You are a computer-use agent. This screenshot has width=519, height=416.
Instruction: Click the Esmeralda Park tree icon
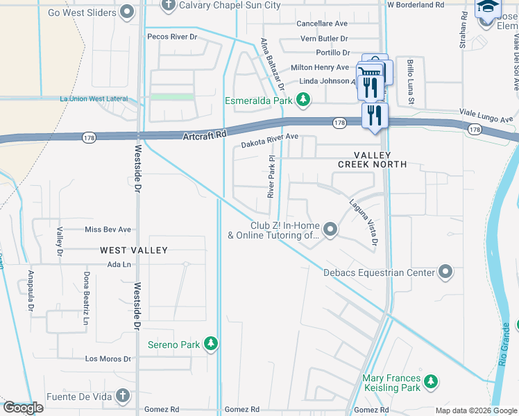(303, 101)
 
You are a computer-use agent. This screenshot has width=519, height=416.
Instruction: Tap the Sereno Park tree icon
(212, 345)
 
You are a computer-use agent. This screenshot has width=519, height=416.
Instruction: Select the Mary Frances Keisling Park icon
(432, 381)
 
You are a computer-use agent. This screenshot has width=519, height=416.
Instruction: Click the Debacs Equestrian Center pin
(445, 272)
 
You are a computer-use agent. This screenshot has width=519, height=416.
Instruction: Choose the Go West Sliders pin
(126, 12)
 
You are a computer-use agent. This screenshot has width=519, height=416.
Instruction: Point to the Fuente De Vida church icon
(122, 396)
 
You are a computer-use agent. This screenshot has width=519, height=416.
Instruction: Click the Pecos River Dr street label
(173, 36)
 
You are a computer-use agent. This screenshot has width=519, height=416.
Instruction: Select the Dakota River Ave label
(269, 144)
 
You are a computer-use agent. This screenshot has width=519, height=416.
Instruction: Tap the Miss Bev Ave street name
(108, 229)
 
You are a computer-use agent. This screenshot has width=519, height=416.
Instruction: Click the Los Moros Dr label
(108, 358)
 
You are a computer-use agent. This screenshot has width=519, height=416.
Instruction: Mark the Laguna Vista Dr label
(363, 222)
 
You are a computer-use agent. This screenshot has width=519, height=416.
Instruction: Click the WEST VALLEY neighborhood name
(133, 250)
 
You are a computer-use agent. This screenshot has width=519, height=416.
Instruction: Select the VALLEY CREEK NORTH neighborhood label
(372, 159)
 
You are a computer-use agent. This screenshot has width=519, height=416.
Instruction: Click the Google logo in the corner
(23, 408)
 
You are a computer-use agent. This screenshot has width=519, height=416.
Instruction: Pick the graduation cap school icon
(488, 8)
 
